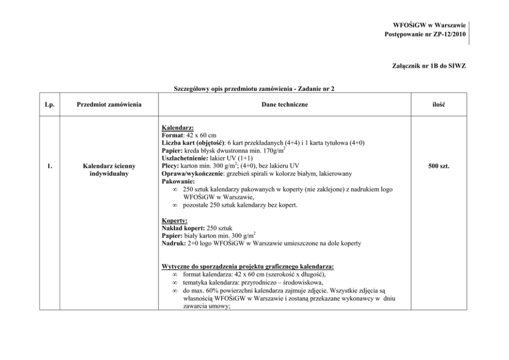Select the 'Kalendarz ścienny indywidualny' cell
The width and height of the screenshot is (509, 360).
[109, 170]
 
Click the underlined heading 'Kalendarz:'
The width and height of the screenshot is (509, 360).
[175, 127]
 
